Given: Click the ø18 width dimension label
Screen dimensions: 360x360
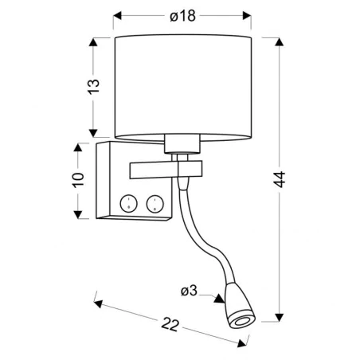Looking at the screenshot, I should (x=182, y=14).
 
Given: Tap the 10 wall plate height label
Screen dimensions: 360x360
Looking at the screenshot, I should (x=76, y=180).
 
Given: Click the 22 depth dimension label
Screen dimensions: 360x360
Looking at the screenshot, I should (x=167, y=326).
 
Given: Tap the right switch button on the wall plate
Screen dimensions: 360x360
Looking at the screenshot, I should (x=154, y=203).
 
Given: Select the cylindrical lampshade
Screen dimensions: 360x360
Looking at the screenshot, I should (x=183, y=84).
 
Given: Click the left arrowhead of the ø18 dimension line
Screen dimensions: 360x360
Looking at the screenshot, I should (x=117, y=14).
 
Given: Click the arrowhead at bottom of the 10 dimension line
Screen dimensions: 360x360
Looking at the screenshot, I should (x=77, y=214).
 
